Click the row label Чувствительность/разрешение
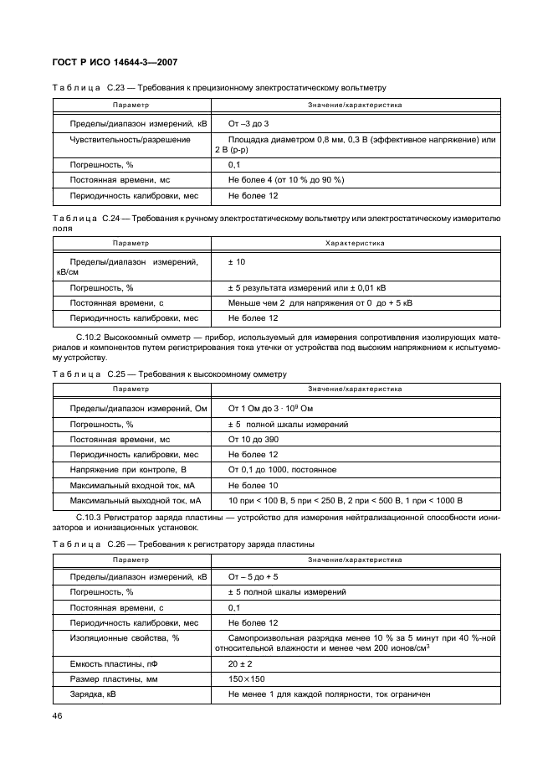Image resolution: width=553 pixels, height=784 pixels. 130,139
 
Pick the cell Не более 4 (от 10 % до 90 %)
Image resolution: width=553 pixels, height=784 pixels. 286,180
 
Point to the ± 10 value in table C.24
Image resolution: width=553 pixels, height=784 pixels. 237,262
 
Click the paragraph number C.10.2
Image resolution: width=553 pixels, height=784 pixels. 91,336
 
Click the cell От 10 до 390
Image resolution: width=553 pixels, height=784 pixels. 253,439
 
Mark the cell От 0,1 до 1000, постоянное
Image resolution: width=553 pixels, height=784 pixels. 283,470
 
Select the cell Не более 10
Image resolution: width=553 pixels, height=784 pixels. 253,485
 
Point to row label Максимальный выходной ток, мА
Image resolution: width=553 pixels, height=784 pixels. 136,500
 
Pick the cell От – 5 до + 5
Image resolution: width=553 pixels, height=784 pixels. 253,577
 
